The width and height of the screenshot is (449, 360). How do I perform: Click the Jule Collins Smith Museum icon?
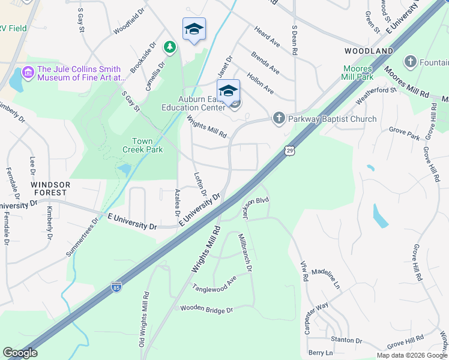[x=28, y=73]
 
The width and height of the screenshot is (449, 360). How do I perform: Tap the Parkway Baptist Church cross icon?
[x=279, y=118]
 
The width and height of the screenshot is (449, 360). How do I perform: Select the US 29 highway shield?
[x=290, y=149]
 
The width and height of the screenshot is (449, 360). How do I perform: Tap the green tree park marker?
[x=170, y=46]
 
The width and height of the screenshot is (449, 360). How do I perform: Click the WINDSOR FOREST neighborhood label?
[x=51, y=188]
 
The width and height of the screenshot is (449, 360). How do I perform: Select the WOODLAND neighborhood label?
[x=369, y=51]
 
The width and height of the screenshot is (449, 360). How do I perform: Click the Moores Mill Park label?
[x=358, y=73]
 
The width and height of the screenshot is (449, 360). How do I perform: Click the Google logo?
[x=20, y=353]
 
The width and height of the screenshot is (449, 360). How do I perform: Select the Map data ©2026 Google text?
[x=412, y=355]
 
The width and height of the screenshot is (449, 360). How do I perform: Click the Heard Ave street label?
[x=267, y=37]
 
